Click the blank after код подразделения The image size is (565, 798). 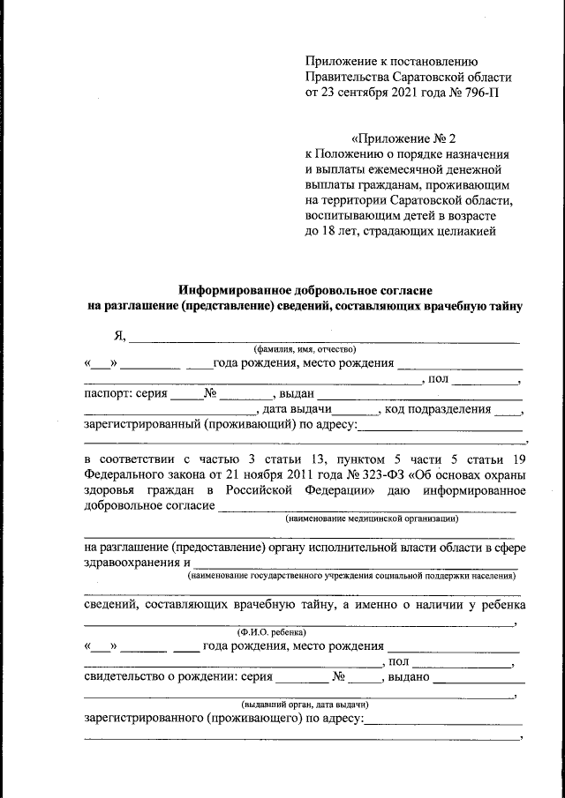pos(508,411)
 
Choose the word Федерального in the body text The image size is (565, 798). pos(124,476)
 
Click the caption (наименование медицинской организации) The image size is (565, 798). pos(371,519)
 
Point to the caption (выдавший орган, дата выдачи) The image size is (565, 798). pos(305,705)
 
